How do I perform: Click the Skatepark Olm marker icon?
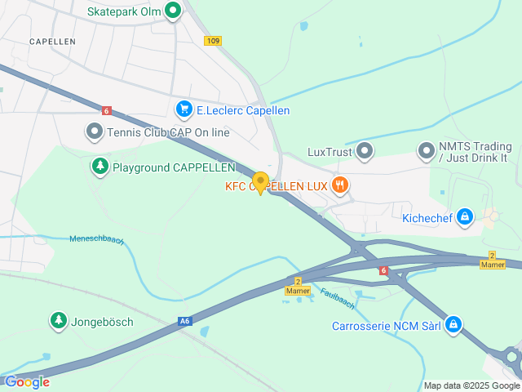[x=173, y=11]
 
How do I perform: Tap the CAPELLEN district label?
[x=52, y=41]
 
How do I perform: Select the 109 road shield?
[x=213, y=41]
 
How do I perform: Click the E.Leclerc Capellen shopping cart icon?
[x=184, y=109]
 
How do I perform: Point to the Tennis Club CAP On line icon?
[x=95, y=131]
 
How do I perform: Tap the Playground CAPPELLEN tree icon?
[x=100, y=167]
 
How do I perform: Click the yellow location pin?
[x=260, y=182]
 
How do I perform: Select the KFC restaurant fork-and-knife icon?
[x=341, y=186]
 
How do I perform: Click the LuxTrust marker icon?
[x=365, y=151]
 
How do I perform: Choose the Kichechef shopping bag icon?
[x=464, y=216]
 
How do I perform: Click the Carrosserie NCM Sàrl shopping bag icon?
[x=453, y=326]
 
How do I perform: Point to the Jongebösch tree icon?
[x=58, y=322]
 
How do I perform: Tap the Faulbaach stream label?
[x=337, y=300]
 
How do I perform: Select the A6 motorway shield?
[x=185, y=323]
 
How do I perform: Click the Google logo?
[x=27, y=381]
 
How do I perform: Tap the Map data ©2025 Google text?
[x=471, y=385]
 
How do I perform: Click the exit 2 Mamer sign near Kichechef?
[x=492, y=261]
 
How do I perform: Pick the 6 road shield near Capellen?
[x=106, y=110]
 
